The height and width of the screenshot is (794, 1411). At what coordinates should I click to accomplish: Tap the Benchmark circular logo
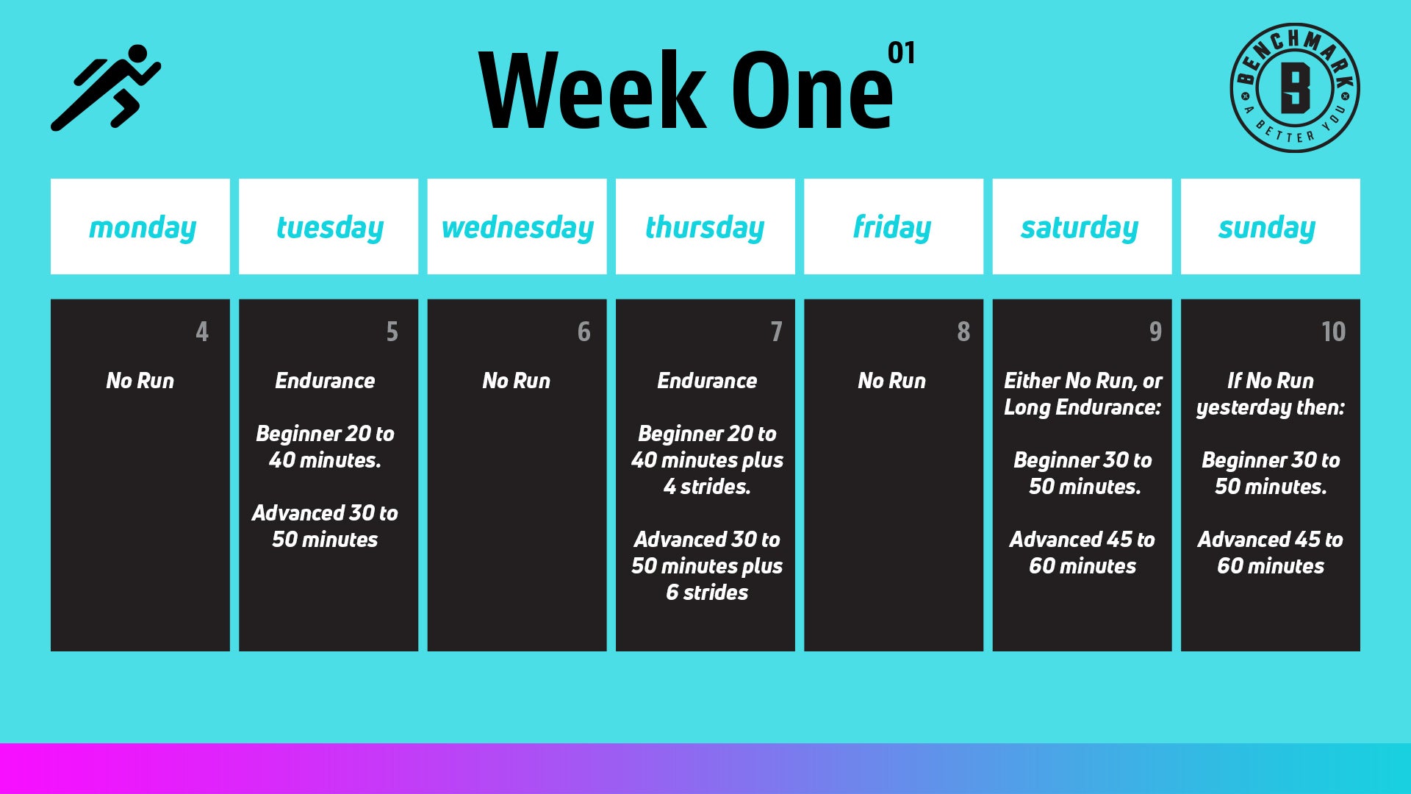click(1295, 87)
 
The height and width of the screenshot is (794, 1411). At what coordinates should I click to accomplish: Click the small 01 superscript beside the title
click(902, 53)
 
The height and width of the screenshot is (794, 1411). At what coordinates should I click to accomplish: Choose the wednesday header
click(517, 226)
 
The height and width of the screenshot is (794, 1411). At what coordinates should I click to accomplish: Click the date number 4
click(202, 332)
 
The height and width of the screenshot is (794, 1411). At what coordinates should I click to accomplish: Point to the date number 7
click(776, 332)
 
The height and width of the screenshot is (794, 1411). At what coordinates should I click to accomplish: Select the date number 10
click(1333, 332)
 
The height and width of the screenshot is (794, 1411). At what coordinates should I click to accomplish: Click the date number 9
click(1155, 332)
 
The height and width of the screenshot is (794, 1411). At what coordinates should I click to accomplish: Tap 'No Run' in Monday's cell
click(140, 380)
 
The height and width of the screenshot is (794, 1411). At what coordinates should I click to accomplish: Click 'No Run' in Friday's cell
click(892, 380)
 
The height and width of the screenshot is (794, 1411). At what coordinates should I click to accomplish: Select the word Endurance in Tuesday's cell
click(325, 380)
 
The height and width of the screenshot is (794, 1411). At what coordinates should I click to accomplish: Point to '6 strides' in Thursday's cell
click(707, 592)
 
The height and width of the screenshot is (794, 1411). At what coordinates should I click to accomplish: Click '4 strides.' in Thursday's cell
click(707, 486)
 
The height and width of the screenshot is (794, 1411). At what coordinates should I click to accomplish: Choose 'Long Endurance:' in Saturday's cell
click(1083, 407)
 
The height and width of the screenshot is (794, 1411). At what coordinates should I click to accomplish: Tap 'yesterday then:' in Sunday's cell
click(1271, 407)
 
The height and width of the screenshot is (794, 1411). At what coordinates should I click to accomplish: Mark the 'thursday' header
click(705, 226)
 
